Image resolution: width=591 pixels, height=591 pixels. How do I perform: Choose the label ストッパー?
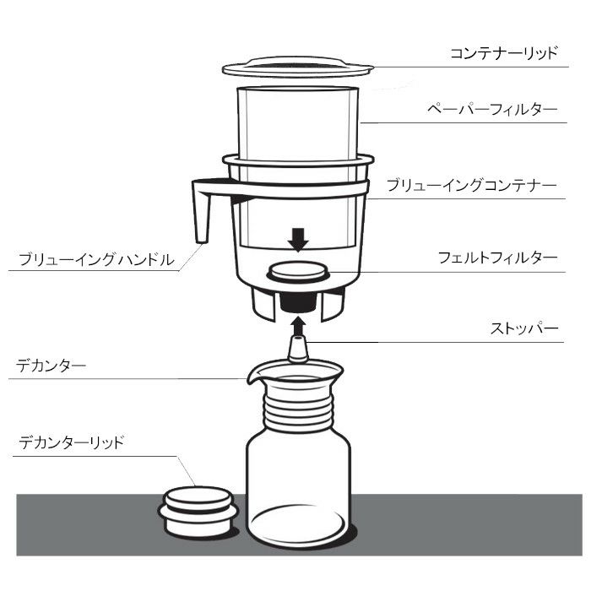pyautogui.click(x=524, y=328)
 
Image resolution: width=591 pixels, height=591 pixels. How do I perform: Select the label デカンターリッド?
pyautogui.click(x=71, y=441)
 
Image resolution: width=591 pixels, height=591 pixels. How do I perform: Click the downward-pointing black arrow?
pyautogui.click(x=296, y=240)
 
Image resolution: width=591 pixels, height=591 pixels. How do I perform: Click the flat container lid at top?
pyautogui.click(x=296, y=67)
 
